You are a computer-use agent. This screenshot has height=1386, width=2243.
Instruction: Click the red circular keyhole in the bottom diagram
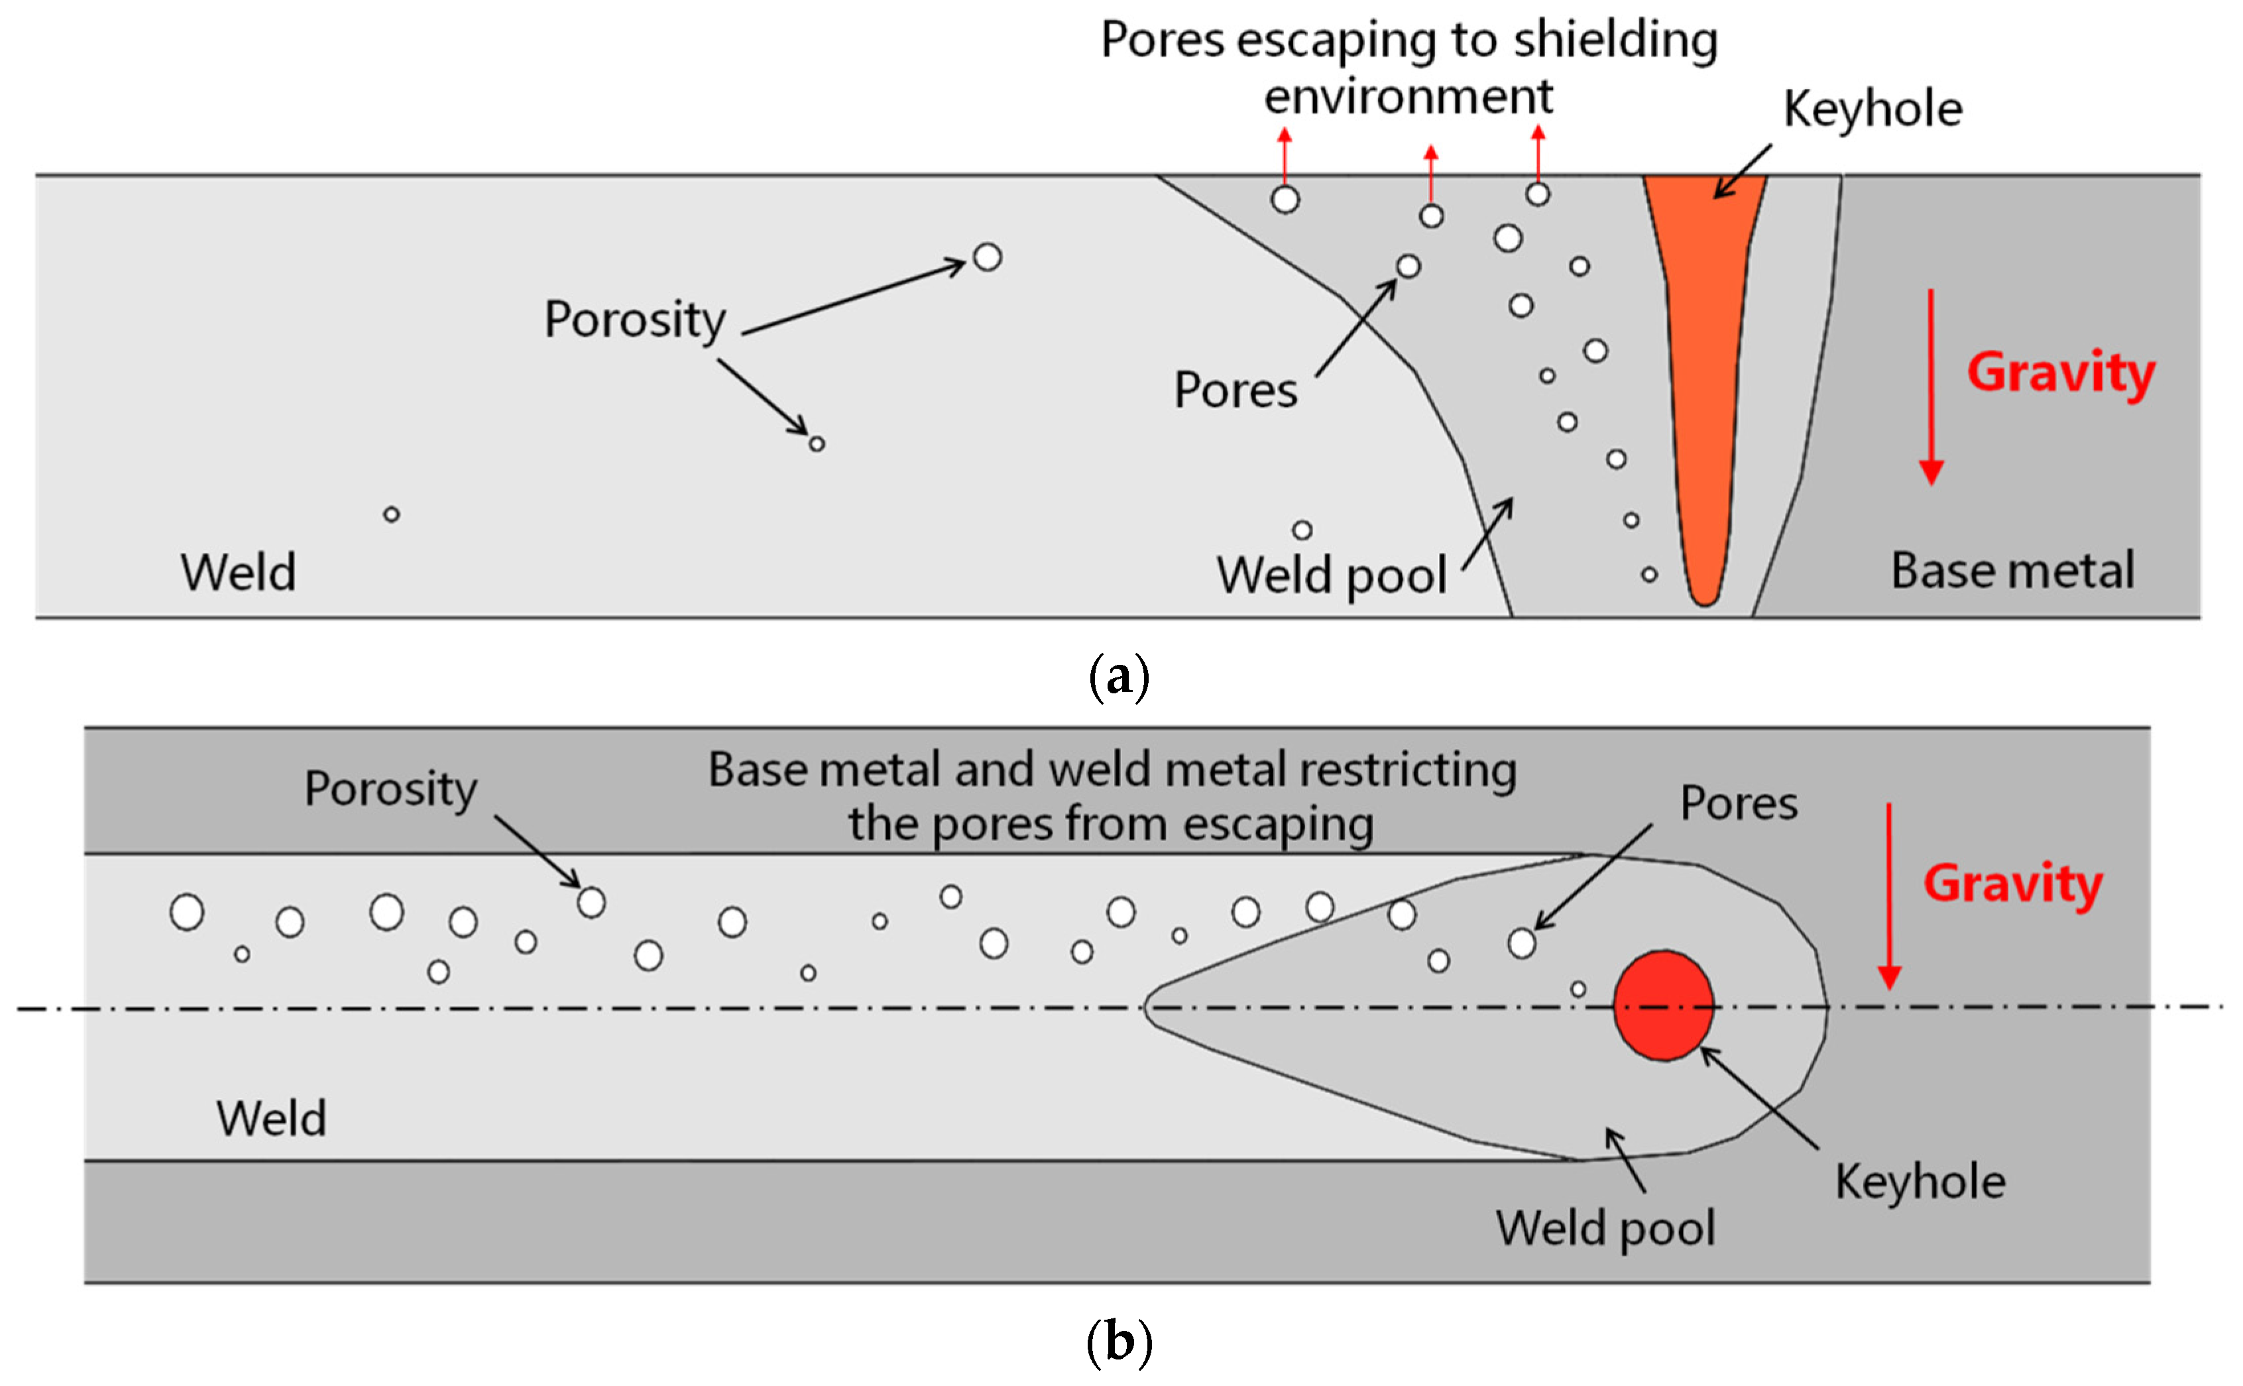pyautogui.click(x=1664, y=1006)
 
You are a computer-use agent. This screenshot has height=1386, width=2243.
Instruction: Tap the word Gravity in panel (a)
pyautogui.click(x=2061, y=374)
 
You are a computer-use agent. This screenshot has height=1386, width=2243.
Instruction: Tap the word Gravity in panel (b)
pyautogui.click(x=2013, y=885)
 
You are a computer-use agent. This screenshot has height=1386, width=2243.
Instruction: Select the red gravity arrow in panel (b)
pyautogui.click(x=1889, y=895)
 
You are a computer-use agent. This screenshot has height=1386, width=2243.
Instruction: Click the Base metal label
pyautogui.click(x=2013, y=570)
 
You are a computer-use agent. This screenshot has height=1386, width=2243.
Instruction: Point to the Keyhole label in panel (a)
pyautogui.click(x=1872, y=110)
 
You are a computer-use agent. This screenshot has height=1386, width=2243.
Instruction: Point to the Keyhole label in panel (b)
pyautogui.click(x=1920, y=1182)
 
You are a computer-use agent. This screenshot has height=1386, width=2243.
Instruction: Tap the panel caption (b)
pyautogui.click(x=1120, y=1342)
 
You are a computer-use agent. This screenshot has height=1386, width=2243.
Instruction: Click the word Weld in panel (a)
pyautogui.click(x=239, y=573)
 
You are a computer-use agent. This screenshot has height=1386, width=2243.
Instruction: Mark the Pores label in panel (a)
pyautogui.click(x=1236, y=390)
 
